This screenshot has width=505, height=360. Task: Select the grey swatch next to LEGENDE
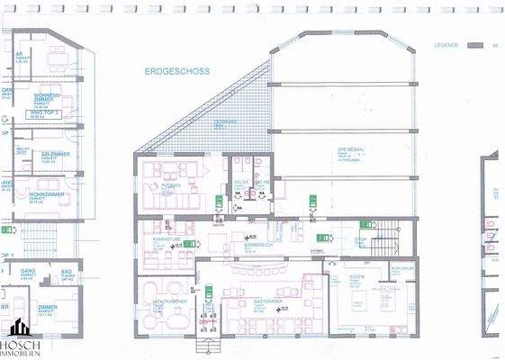(480, 44)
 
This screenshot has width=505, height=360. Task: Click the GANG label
(28, 270)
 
